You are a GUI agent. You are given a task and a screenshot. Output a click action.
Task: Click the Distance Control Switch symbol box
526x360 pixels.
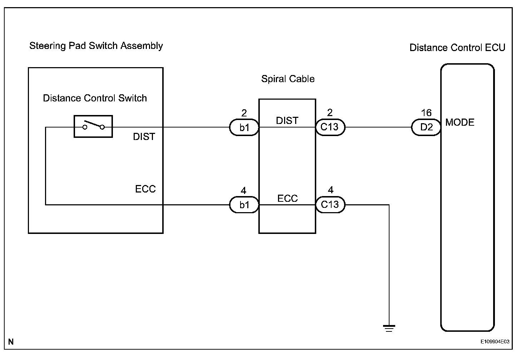pos(93,126)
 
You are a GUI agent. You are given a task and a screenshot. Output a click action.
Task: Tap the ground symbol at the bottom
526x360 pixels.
pos(389,328)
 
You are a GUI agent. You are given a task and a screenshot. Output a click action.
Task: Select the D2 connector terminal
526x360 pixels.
pos(426,127)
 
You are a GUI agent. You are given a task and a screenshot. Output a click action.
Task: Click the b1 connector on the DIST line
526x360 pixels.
pos(244,127)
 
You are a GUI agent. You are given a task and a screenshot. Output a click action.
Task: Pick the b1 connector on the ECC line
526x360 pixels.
pos(244,205)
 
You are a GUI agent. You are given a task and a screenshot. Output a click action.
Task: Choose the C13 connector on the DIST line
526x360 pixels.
pos(330,127)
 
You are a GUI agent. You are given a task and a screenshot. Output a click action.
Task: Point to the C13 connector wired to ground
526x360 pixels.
pos(330,205)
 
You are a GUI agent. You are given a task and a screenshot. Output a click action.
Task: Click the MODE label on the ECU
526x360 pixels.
pos(460,122)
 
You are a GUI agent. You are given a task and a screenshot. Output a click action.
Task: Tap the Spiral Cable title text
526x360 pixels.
pos(288,79)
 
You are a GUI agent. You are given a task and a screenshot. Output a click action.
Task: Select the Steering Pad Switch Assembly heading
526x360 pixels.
pos(96,46)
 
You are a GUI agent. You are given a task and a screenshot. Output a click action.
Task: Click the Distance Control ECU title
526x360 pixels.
pos(457,48)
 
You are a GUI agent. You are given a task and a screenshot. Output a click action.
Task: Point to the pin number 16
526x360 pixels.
pos(426,113)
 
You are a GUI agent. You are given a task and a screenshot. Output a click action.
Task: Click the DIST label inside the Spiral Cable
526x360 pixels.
pos(287,121)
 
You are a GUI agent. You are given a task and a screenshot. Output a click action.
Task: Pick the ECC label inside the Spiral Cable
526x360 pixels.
pos(287,199)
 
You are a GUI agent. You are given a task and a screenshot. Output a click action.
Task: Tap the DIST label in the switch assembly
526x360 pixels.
pos(144,137)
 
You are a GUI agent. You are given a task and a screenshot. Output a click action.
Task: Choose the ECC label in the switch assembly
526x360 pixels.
pos(145,189)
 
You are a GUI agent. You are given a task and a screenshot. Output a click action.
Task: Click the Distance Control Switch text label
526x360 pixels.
pos(95,98)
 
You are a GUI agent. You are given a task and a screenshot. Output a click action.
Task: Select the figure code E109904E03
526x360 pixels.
pos(495,342)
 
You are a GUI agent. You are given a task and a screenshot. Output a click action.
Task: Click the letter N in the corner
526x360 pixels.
pos(11,342)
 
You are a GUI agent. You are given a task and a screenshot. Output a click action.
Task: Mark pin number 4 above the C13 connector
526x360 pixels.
pos(331,190)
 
